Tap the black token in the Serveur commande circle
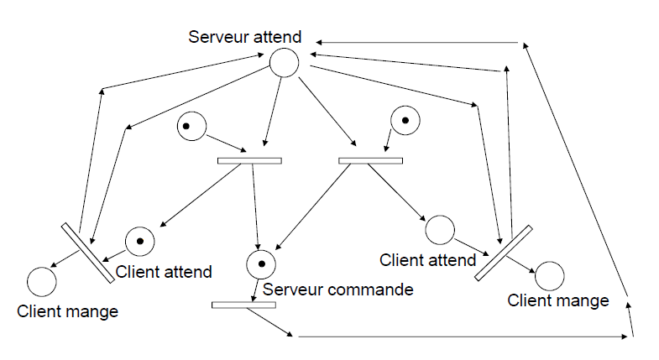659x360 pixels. pos(261,263)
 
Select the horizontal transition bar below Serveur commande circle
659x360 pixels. pos(243,305)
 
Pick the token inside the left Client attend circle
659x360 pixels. pos(140,241)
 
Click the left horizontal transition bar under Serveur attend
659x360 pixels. pos(249,160)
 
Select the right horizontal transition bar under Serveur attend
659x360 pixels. pos(371,160)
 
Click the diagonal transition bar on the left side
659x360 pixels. pos(88,253)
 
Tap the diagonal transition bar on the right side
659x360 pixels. pos(504,253)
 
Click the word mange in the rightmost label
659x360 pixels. pos(583,301)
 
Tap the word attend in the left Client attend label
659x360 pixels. pos(186,272)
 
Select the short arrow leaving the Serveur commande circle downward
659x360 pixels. pos(255,290)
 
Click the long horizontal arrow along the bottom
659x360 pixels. pos(463,337)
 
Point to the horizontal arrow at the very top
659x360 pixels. pos(417,43)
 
